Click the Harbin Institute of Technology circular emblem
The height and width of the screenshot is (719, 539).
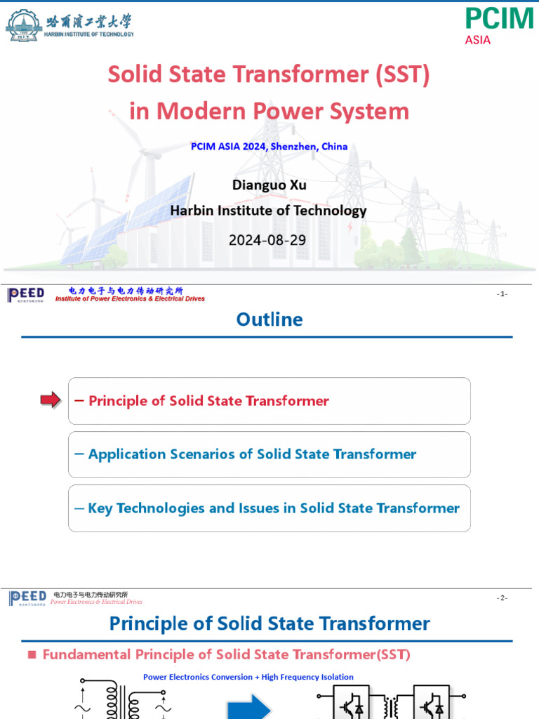(x=22, y=25)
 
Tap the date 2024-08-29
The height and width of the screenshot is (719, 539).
(x=267, y=240)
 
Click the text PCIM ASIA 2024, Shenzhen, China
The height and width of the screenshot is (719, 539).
(x=269, y=147)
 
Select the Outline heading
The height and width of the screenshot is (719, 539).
(x=269, y=319)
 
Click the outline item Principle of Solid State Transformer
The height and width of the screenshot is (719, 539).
(x=208, y=401)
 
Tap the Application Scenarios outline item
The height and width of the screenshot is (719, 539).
(x=252, y=454)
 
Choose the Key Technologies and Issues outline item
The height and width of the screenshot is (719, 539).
(x=274, y=508)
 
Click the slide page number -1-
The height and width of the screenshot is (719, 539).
(x=502, y=294)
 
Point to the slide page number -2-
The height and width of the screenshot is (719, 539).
(x=502, y=598)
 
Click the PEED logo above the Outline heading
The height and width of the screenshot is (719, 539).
(x=26, y=295)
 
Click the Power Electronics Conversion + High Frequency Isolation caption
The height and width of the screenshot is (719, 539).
(x=248, y=677)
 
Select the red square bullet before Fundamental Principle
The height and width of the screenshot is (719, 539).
(x=31, y=654)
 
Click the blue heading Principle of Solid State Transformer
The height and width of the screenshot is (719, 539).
(x=269, y=624)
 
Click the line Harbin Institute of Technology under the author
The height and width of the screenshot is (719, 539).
(x=269, y=211)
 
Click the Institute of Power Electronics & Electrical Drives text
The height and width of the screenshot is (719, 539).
(x=130, y=299)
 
